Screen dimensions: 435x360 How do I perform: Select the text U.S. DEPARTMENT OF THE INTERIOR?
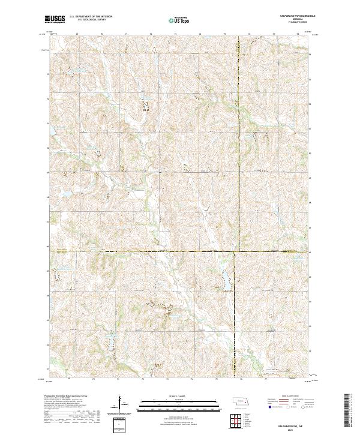(x=90, y=17)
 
